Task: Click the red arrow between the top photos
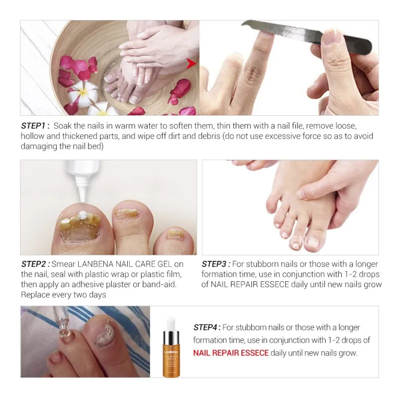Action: pyautogui.click(x=190, y=64)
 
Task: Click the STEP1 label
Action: pyautogui.click(x=34, y=126)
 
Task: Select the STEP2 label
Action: pyautogui.click(x=35, y=264)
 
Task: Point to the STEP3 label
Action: pyautogui.click(x=216, y=264)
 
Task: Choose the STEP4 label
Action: pyautogui.click(x=207, y=328)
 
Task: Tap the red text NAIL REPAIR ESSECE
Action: pyautogui.click(x=231, y=353)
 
